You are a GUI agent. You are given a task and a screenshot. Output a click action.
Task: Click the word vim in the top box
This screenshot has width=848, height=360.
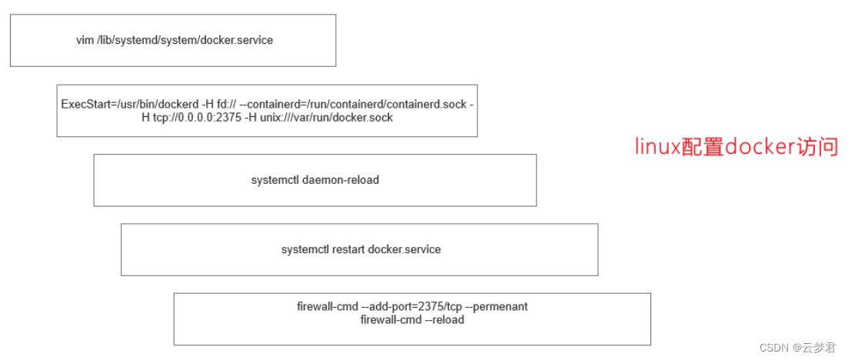coord(85,40)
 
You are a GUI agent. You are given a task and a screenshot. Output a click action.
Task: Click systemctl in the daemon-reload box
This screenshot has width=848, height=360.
coord(275,180)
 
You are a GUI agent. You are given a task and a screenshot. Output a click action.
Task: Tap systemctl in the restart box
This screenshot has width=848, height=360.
coord(305,249)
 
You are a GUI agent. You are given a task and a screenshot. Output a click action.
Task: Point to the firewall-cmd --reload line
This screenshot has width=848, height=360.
coord(412,319)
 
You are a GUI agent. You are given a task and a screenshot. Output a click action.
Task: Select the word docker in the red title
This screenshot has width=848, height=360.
coord(757,146)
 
